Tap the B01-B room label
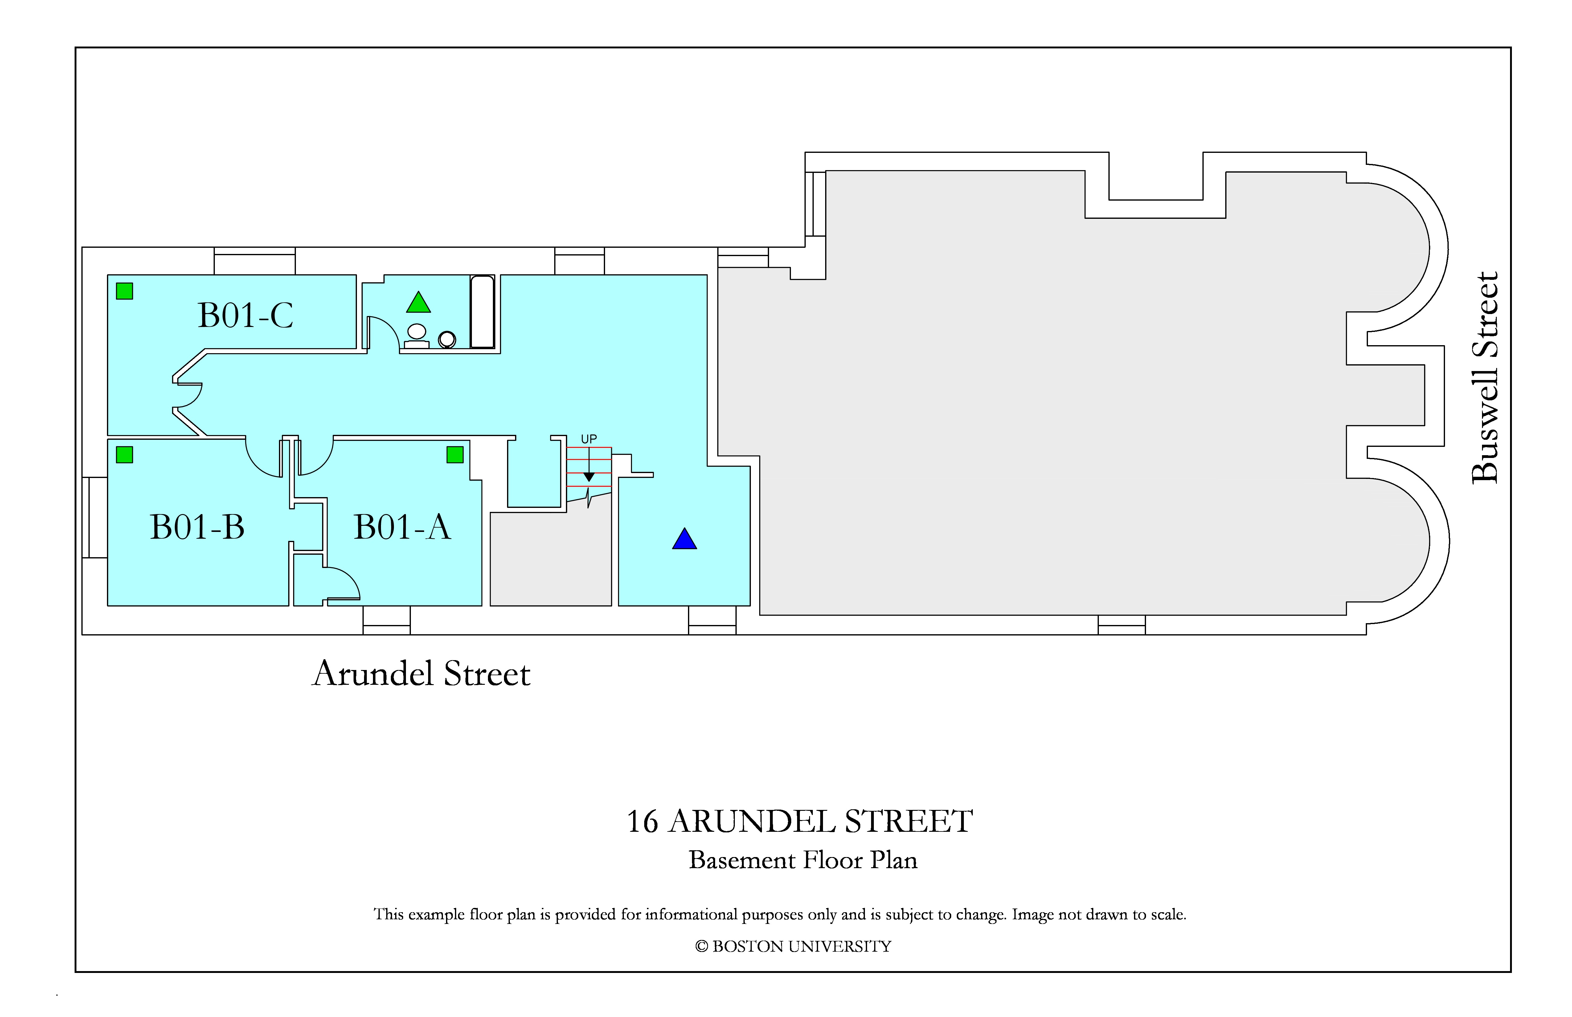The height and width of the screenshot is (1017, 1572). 198,527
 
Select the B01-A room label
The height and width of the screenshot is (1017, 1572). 402,527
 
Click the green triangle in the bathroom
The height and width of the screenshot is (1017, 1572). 419,302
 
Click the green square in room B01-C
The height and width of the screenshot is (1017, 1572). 125,291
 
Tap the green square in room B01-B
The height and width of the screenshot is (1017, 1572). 125,454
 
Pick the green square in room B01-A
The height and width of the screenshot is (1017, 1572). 455,454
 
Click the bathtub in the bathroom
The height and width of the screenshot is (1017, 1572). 482,312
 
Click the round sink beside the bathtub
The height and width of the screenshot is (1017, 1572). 447,339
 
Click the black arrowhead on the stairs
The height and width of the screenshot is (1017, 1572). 589,477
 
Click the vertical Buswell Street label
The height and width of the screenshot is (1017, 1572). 1485,378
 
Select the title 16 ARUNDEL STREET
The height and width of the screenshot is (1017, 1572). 799,822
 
